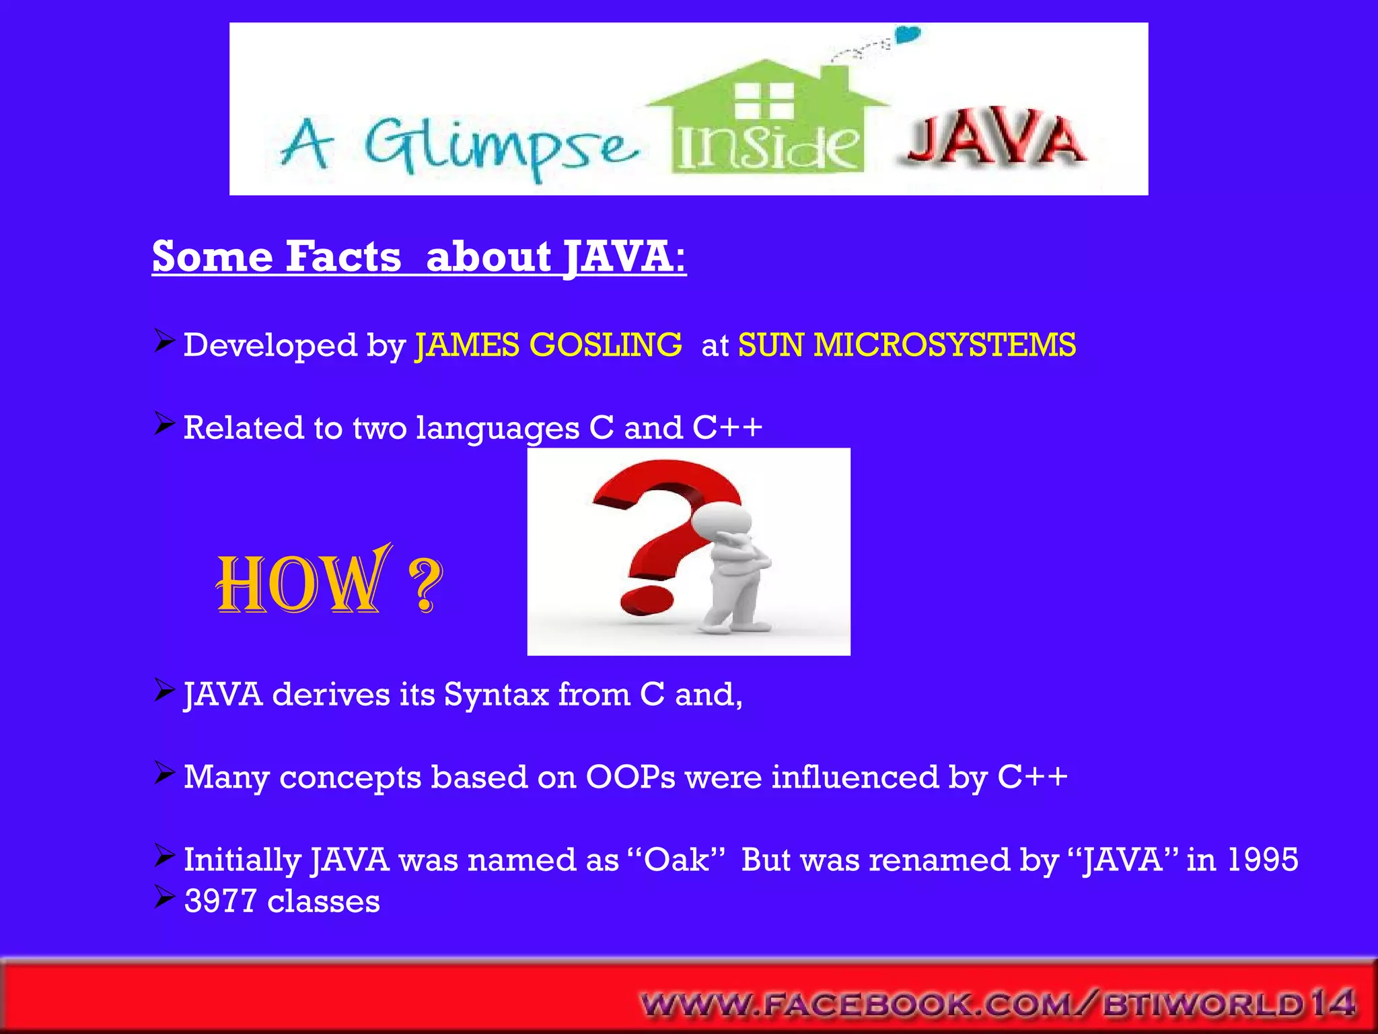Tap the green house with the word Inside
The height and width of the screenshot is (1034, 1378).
click(767, 121)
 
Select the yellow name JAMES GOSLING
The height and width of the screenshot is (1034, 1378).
click(548, 345)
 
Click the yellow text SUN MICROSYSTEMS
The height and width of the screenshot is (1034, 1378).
click(907, 345)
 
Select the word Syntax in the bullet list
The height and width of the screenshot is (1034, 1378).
click(496, 694)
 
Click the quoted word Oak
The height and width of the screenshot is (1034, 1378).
click(676, 860)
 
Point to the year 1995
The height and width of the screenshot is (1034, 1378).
click(1262, 860)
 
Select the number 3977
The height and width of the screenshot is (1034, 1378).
click(220, 901)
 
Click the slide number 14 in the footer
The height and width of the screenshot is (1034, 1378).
click(1332, 1003)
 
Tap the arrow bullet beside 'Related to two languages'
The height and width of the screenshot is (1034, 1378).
click(164, 424)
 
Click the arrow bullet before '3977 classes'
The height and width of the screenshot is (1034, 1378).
click(164, 897)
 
